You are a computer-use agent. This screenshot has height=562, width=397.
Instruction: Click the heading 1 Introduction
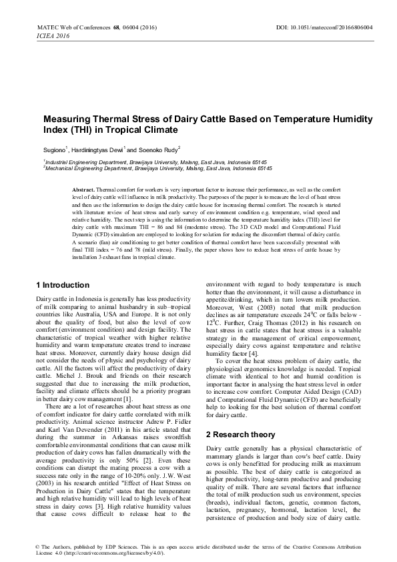coord(63,285)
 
